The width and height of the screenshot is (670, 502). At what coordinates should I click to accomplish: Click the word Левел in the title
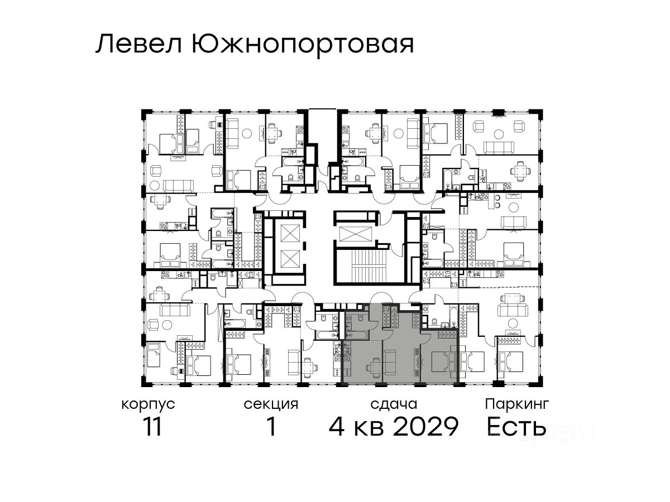coord(138,45)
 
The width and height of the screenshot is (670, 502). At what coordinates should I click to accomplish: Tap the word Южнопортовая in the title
coord(303,46)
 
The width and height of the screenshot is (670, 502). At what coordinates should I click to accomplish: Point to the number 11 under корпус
coord(152,426)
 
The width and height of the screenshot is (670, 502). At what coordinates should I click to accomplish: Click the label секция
coord(271,405)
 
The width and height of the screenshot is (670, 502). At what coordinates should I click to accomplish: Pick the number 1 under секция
coord(271,426)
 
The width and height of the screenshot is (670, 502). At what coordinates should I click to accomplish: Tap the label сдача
coord(394,404)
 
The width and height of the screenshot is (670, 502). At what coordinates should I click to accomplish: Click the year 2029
coord(425,426)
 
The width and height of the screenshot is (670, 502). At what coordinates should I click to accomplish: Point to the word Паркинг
coord(517,405)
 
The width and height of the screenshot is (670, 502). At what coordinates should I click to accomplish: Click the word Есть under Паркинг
coord(516,426)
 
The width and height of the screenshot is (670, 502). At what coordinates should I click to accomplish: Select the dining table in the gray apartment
coord(374,365)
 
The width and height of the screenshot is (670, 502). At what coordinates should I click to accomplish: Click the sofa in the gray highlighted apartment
coord(390,363)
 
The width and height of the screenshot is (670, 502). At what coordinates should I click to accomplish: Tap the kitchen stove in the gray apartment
coord(348,350)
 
